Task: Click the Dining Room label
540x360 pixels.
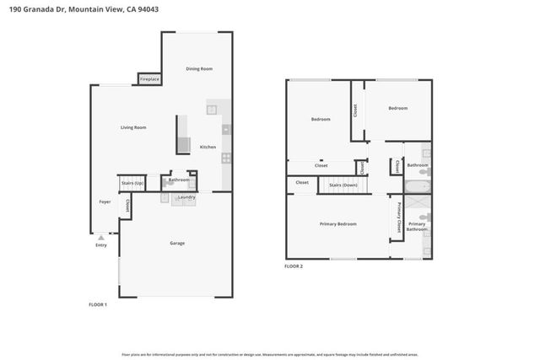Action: (199, 68)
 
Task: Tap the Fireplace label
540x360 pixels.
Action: (150, 79)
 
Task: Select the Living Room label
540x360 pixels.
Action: (133, 127)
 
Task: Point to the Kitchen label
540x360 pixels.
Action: (208, 147)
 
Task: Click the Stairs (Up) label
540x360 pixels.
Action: (132, 181)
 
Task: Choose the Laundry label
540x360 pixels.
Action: (186, 197)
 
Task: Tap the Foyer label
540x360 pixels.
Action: (105, 202)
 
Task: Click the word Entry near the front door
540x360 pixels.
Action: (101, 245)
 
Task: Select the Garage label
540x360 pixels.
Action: (177, 244)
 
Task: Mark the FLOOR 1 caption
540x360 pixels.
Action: (98, 304)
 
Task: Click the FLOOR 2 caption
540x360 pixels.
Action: (293, 266)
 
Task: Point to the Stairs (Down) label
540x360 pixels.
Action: (343, 184)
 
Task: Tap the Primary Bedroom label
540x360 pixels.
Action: (337, 224)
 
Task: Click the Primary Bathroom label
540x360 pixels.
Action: (417, 226)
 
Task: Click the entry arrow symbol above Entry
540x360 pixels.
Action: (101, 238)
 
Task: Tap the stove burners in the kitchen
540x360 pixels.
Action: (226, 158)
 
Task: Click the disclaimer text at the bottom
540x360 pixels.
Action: (270, 354)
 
